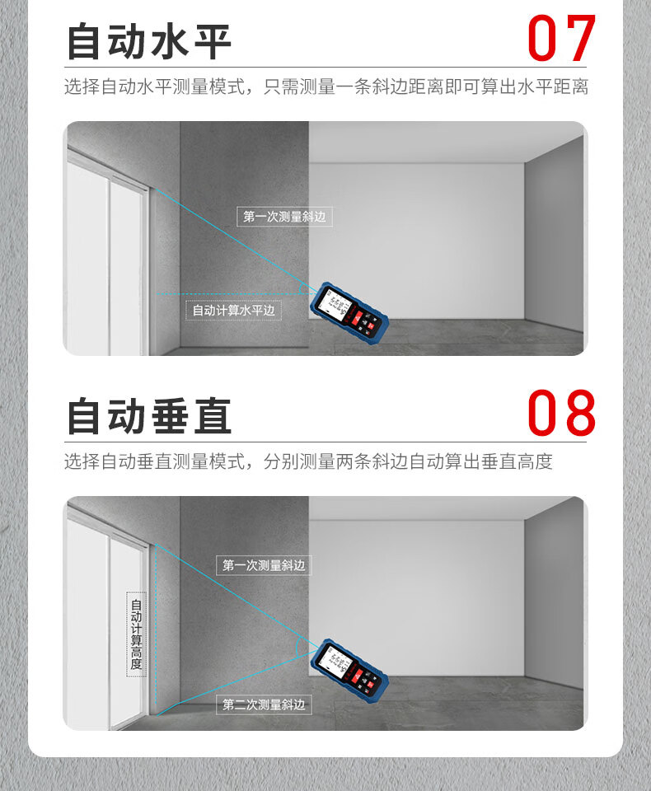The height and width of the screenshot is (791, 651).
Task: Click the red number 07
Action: point(561,38)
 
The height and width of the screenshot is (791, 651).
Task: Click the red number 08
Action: point(561,413)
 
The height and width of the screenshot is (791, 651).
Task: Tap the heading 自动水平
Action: point(149,41)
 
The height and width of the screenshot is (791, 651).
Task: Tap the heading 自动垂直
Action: point(149,416)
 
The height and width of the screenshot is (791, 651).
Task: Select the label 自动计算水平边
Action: point(233,311)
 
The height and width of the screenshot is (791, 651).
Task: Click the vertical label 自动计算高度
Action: point(136,634)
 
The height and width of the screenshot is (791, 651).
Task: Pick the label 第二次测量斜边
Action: point(264,704)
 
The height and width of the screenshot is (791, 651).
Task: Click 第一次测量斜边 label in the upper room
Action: point(284,217)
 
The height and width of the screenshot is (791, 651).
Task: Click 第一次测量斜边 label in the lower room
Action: point(264,565)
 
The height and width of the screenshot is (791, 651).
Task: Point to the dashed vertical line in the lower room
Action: point(156,627)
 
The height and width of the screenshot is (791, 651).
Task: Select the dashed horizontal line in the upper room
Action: point(232,293)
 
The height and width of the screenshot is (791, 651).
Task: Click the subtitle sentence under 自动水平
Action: point(326,87)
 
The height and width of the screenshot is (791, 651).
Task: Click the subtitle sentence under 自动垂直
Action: point(308,461)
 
